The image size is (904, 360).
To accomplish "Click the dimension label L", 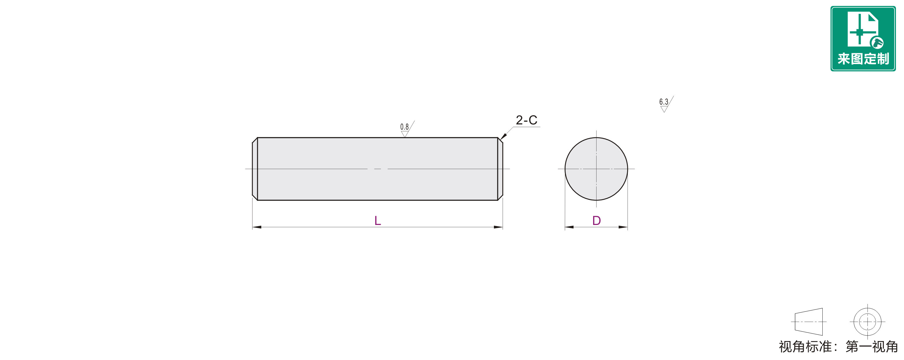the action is [x=378, y=221].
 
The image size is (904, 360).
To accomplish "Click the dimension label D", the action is [x=597, y=221].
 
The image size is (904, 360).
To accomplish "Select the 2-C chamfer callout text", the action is [x=526, y=120].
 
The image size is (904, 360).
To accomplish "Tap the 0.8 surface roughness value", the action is [x=404, y=127].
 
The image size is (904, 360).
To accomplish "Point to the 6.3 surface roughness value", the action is [x=663, y=102].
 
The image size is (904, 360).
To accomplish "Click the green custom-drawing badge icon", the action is [x=863, y=38].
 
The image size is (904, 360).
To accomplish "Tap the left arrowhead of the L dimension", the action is [x=257, y=227].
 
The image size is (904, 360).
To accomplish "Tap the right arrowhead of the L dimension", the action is [x=498, y=227].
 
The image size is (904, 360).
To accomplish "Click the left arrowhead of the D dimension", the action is [x=569, y=227].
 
